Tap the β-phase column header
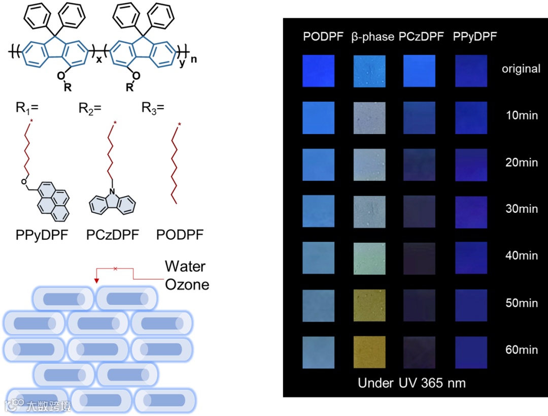click(372, 37)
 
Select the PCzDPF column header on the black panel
click(421, 37)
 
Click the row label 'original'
click(521, 69)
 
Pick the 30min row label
click(521, 209)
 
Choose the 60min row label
click(521, 349)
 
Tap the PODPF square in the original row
click(318, 71)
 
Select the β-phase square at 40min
click(369, 258)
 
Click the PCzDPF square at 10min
click(419, 118)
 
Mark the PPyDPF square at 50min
click(471, 305)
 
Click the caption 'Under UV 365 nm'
click(412, 382)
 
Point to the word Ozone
click(187, 284)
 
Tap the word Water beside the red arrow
click(185, 266)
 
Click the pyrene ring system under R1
click(53, 200)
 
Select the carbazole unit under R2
click(112, 203)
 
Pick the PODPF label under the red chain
click(180, 235)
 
